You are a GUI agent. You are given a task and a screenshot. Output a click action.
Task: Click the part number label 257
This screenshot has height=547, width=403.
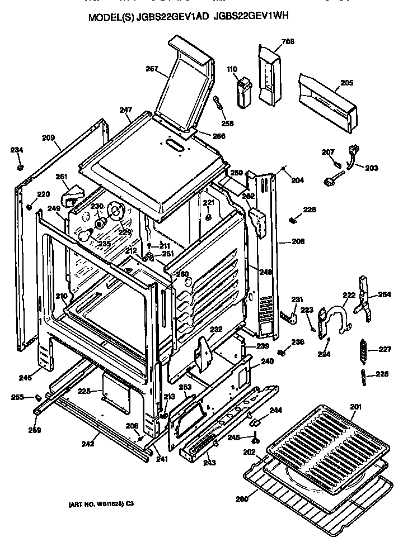152,69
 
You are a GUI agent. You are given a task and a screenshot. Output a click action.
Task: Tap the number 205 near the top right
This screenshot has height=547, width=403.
346,83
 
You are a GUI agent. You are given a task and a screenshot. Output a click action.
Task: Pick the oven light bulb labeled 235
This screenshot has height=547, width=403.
85,236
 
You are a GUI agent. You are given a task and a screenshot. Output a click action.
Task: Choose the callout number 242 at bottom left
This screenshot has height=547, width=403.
87,445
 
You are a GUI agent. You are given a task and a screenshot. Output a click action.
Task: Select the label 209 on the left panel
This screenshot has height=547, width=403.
49,137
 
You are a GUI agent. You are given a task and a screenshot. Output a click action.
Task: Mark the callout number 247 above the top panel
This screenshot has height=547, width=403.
125,111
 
